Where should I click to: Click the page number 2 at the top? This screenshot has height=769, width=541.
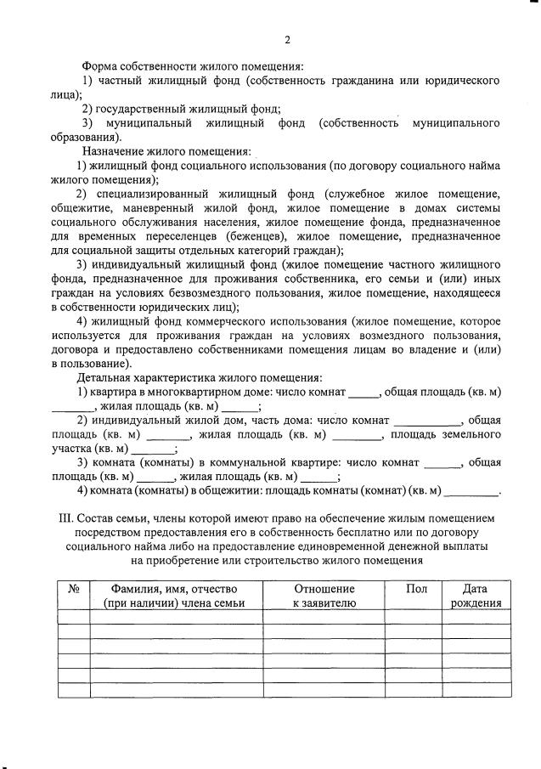tap(287, 40)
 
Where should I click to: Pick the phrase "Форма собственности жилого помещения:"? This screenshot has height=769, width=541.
tap(193, 65)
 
